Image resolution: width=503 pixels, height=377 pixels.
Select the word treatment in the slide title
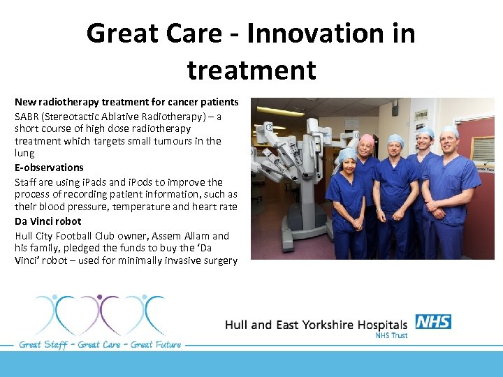pyautogui.click(x=251, y=70)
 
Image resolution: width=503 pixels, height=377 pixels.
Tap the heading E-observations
pyautogui.click(x=49, y=168)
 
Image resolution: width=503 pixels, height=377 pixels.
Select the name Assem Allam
pyautogui.click(x=184, y=236)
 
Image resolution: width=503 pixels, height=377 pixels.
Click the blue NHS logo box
pyautogui.click(x=433, y=322)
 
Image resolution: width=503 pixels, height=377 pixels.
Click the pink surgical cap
pyautogui.click(x=366, y=139)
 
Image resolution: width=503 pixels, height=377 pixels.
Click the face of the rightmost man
pyautogui.click(x=449, y=142)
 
